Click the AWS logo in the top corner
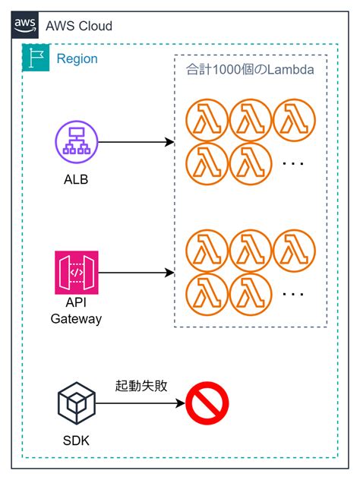click(x=25, y=25)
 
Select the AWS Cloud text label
click(x=78, y=26)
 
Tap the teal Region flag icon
click(x=36, y=58)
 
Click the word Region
click(x=77, y=59)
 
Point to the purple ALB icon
click(x=77, y=142)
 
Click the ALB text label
click(x=77, y=181)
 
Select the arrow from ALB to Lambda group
click(x=133, y=142)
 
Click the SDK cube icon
click(x=77, y=403)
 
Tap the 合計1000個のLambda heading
click(x=251, y=69)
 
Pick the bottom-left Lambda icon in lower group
click(x=207, y=293)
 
